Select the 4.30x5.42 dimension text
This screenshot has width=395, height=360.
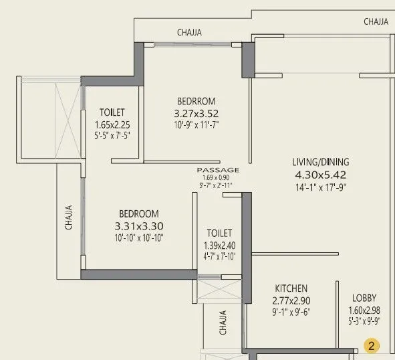pos(321,175)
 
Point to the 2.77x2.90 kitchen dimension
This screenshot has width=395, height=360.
pos(291,300)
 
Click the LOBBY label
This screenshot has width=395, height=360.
pos(365,298)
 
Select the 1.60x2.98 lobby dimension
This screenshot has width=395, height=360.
pos(365,310)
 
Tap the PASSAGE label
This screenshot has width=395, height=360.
pos(218,170)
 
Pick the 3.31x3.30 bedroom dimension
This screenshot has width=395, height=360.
pos(139,226)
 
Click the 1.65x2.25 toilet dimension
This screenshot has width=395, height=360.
pos(112,124)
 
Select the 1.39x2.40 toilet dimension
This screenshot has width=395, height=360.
pos(219,245)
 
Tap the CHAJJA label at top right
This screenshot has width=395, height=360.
pos(376,21)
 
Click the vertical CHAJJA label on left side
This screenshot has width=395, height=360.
pos(69,217)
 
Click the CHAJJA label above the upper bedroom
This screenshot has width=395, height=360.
pos(189,32)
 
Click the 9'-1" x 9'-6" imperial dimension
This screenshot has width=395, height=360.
pos(291,312)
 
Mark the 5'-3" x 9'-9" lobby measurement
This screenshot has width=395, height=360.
pos(365,321)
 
